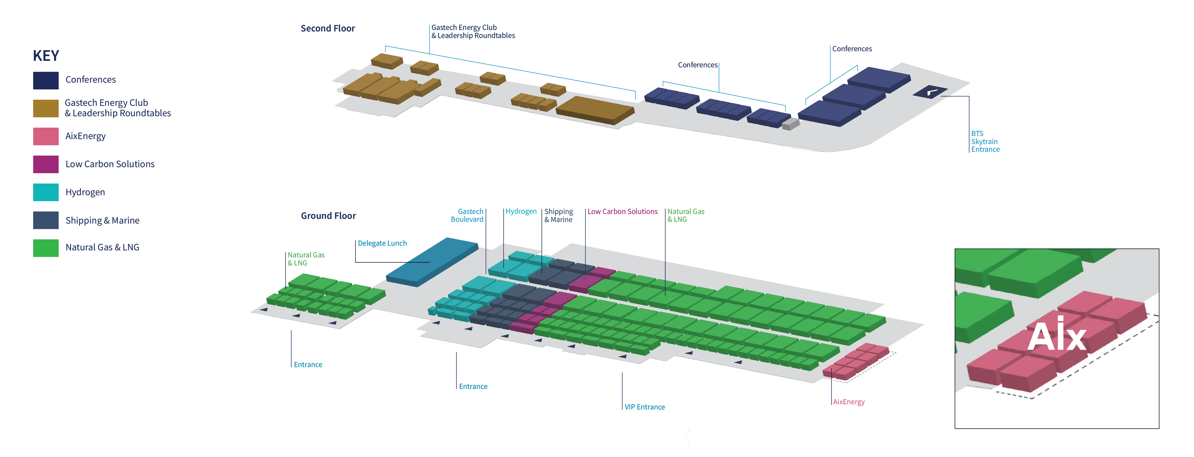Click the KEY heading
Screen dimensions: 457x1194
tap(46, 56)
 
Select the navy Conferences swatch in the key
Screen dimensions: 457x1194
tap(46, 80)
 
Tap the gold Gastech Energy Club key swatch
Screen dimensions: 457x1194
tap(46, 108)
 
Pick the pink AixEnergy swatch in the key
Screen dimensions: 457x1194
tap(46, 136)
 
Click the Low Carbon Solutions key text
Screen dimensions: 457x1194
tap(110, 164)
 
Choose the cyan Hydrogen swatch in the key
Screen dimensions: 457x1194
tap(46, 192)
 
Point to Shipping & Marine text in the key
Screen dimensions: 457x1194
tap(102, 220)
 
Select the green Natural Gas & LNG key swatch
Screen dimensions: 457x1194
tap(46, 248)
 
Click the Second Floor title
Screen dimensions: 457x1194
tap(328, 29)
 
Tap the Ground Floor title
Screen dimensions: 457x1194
tap(328, 216)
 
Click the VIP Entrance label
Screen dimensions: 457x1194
tap(644, 407)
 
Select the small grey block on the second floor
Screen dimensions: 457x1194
tap(790, 124)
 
